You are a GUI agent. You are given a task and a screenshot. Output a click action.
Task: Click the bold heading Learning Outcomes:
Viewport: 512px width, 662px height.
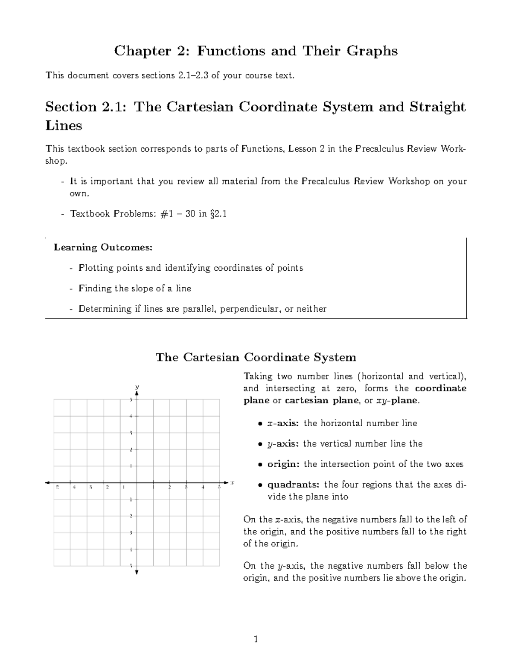coord(103,247)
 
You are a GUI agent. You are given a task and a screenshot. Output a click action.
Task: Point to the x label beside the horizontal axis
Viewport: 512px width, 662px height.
coord(232,483)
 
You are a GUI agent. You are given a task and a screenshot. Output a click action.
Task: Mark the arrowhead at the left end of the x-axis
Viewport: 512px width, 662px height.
coord(48,483)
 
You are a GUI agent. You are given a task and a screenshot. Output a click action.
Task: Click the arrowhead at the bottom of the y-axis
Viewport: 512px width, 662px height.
coord(137,572)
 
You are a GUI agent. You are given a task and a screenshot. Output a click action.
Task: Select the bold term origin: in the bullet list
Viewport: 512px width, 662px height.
coord(284,464)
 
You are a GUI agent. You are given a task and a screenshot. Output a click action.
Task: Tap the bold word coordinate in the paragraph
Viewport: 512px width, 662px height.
coord(441,388)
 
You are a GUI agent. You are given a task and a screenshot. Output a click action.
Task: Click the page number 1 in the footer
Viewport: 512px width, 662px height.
coord(256,639)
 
